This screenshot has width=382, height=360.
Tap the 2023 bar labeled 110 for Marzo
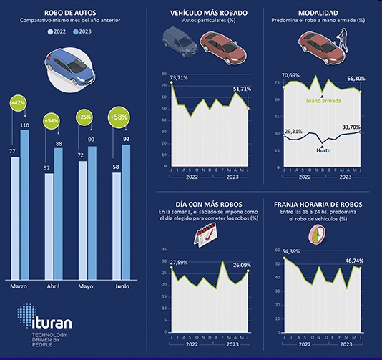point(24,208)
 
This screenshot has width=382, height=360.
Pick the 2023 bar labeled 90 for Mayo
point(92,215)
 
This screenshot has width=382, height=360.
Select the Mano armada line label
point(323,101)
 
